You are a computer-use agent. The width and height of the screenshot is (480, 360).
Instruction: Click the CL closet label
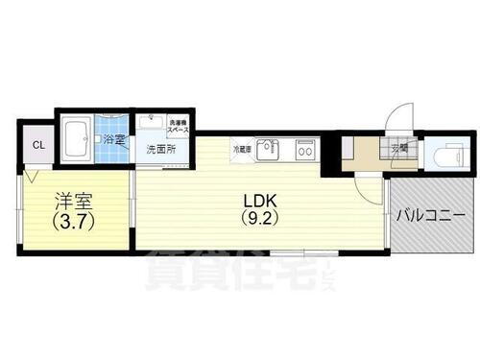pyautogui.click(x=38, y=146)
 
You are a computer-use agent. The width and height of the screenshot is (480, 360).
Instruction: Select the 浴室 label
pyautogui.click(x=114, y=140)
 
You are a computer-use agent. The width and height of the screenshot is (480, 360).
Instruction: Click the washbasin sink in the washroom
pyautogui.click(x=149, y=123)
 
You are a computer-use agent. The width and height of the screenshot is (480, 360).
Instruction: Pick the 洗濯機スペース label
pyautogui.click(x=180, y=125)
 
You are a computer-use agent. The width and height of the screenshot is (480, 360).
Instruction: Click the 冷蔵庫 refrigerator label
pyautogui.click(x=242, y=149)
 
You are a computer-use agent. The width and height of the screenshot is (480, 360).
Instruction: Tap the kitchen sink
pyautogui.click(x=272, y=148)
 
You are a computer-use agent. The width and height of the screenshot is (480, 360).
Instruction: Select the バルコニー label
pyautogui.click(x=430, y=215)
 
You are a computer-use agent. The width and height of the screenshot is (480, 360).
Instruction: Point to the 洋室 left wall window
pyautogui.click(x=18, y=213)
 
